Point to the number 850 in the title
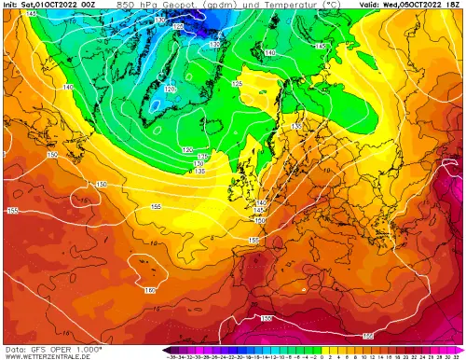pyautogui.click(x=125, y=5)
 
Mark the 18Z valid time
pyautogui.click(x=457, y=5)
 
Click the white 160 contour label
pyautogui.click(x=150, y=291)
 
